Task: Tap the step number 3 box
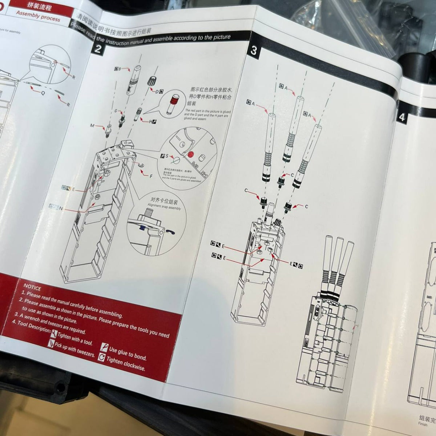tap(253, 51)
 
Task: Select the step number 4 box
tap(401, 117)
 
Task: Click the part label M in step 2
tap(92, 126)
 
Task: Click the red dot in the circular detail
tap(190, 154)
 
